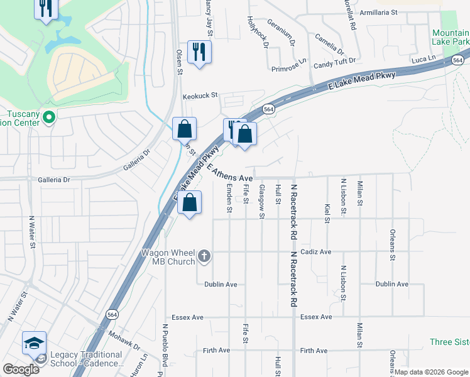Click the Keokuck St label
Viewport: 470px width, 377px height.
[199, 96]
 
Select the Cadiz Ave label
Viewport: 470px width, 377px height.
[315, 252]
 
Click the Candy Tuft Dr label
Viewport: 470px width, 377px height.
[335, 63]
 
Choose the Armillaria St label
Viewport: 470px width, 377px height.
[378, 12]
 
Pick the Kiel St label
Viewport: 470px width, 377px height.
[327, 212]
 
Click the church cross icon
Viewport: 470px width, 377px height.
[204, 256]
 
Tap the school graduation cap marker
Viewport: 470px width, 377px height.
[34, 343]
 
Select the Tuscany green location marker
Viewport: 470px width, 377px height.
[50, 117]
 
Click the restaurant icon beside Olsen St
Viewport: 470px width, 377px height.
[199, 52]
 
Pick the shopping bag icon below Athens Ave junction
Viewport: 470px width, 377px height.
[189, 203]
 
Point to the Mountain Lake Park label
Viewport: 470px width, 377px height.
[450, 37]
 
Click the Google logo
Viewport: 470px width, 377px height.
[21, 369]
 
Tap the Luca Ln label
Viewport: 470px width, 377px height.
[424, 58]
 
